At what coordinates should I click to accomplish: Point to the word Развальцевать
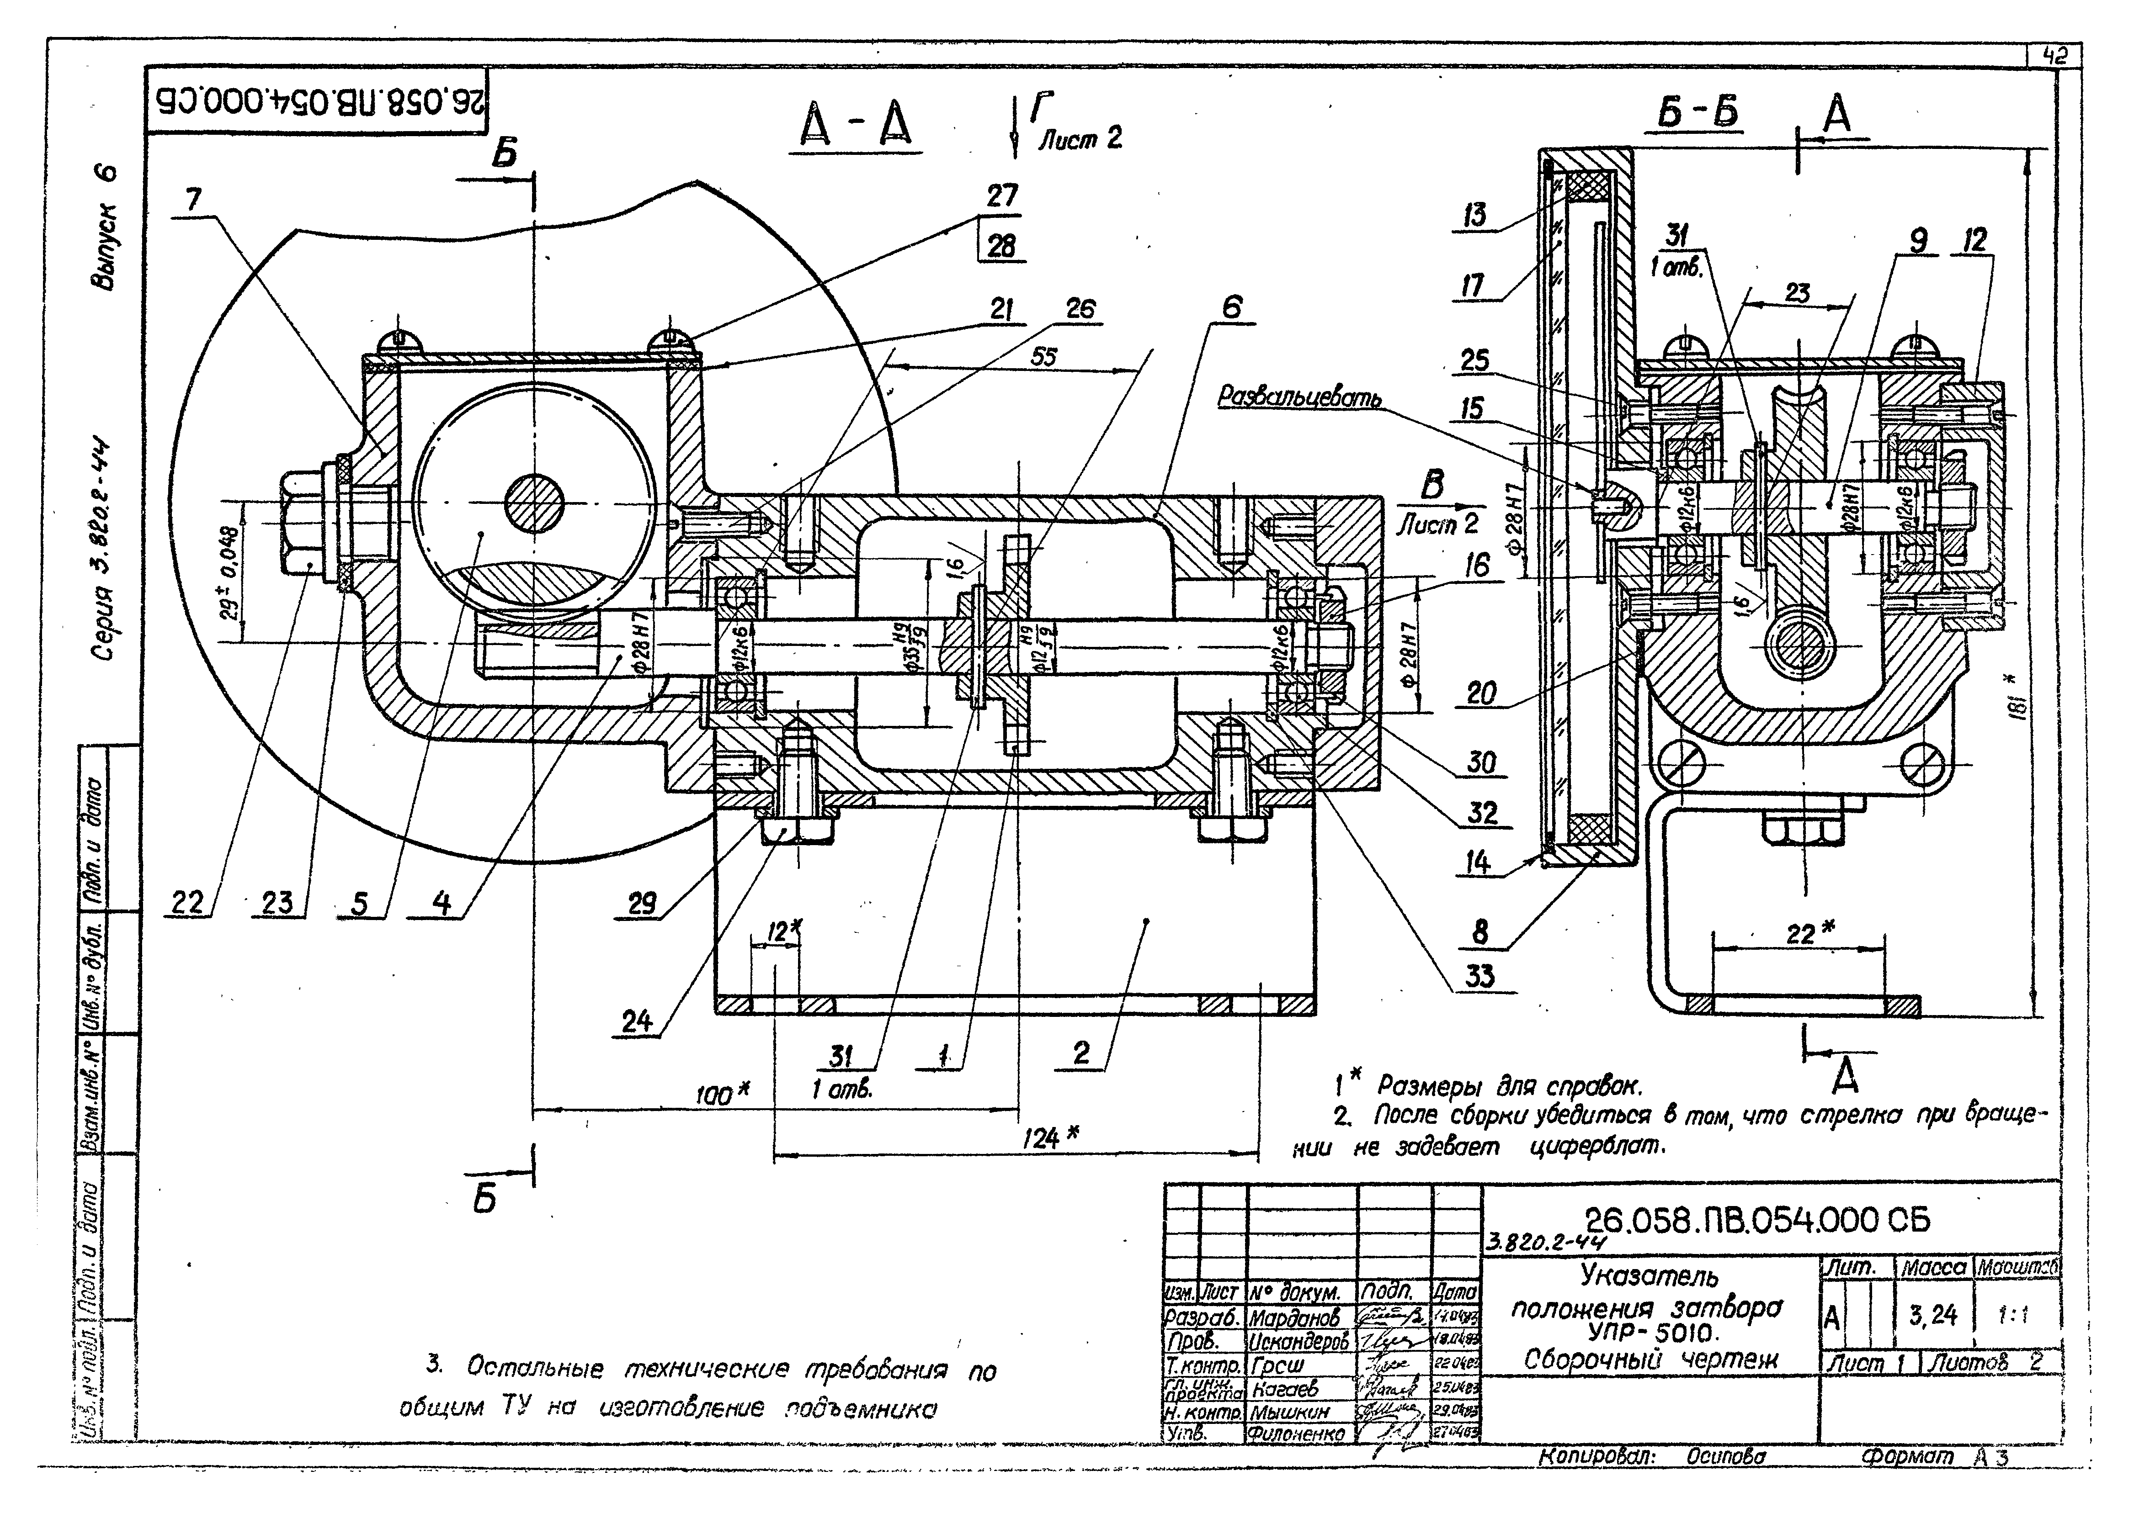(1300, 398)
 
